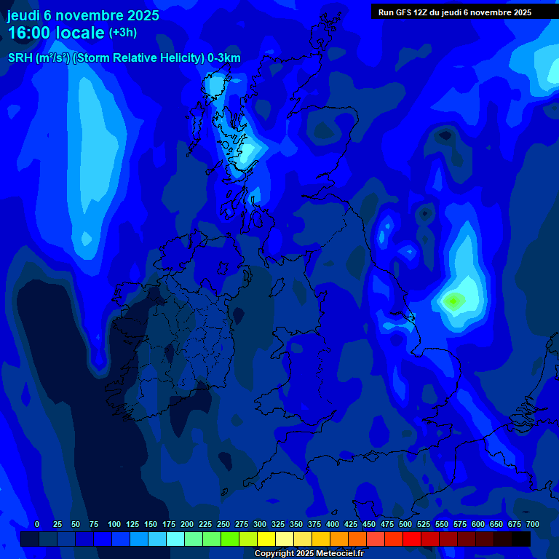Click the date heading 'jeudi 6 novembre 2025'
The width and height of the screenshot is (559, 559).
point(83,15)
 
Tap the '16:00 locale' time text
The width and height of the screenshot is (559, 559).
point(56,33)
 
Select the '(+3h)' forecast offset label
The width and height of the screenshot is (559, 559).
point(123,33)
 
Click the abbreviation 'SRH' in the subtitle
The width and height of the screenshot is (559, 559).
point(20,58)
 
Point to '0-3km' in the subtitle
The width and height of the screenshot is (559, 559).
point(223,58)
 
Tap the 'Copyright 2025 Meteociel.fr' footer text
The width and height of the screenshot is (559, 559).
point(309,554)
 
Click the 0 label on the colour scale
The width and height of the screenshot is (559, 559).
point(37,524)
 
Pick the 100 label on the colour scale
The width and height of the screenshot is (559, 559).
point(114,524)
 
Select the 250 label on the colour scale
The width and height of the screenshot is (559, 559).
point(223,524)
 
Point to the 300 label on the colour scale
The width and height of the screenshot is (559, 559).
point(260,524)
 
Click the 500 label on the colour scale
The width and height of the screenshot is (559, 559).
point(405,524)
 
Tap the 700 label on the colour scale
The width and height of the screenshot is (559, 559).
point(533,524)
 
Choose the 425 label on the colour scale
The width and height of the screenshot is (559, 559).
point(351,524)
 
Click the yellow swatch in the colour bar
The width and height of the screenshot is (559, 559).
point(266,539)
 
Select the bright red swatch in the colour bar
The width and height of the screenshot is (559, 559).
point(412,539)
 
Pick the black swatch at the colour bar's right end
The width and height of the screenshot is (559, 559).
point(521,539)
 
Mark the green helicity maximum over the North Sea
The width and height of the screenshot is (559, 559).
point(453,301)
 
